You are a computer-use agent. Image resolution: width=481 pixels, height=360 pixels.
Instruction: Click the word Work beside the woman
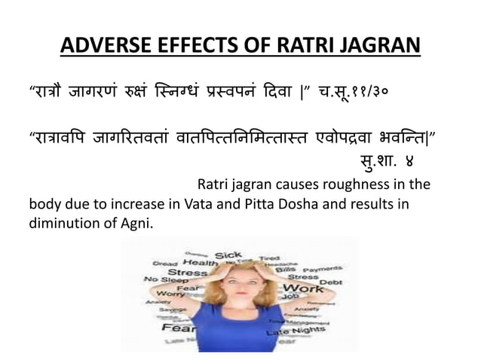pos(308,287)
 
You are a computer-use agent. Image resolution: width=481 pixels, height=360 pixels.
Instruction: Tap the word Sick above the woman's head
pos(228,255)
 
